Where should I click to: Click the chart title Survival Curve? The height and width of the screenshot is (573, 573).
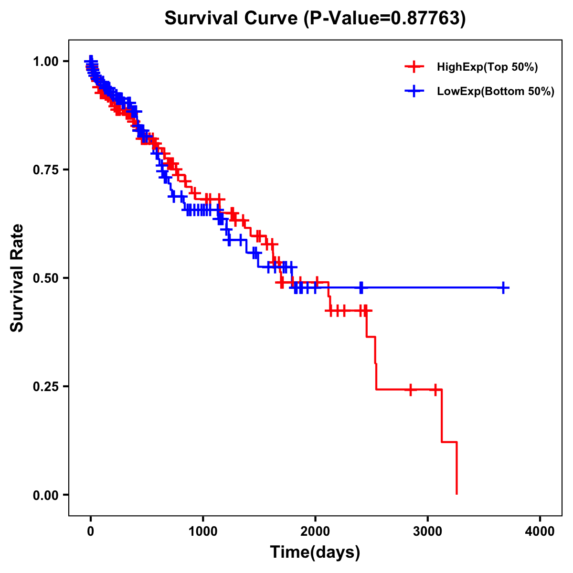(x=232, y=19)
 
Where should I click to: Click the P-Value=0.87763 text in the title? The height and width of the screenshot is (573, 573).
(x=384, y=19)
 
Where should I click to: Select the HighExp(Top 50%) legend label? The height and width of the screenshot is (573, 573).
(x=487, y=67)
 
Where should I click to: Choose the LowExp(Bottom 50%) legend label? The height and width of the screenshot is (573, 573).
(x=496, y=92)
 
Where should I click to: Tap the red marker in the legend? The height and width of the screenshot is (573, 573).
(x=414, y=67)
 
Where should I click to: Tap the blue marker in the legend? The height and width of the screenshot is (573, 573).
(x=414, y=91)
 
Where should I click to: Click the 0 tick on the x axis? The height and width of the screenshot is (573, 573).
(x=91, y=531)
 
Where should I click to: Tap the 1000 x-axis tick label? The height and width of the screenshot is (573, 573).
(x=203, y=531)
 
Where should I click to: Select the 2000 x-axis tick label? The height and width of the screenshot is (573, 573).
(x=315, y=531)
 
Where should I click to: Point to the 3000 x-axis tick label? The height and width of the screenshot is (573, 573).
(x=428, y=531)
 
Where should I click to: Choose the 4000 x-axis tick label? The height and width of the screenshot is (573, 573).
(x=540, y=531)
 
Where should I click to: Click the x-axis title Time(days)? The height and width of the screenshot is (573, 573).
(x=315, y=552)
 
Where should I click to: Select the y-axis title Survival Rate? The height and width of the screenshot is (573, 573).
(x=18, y=278)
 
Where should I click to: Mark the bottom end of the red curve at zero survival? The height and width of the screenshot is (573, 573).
(x=457, y=494)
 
